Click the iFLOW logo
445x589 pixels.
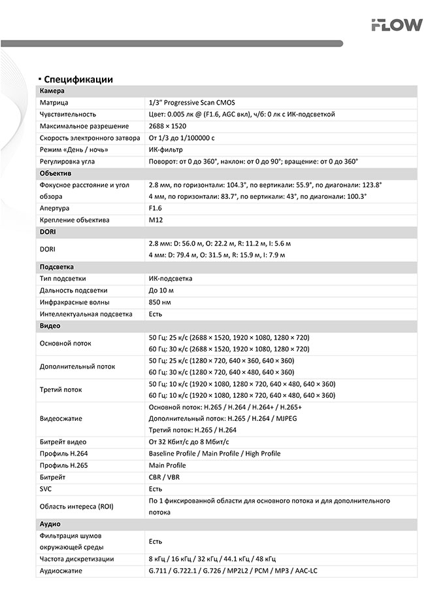coord(397,25)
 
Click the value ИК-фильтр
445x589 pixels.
coord(165,150)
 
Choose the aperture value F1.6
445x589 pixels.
coord(156,208)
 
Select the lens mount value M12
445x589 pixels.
coord(156,220)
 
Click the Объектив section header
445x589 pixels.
coord(56,173)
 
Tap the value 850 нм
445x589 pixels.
coord(160,302)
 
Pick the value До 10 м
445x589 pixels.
coord(161,291)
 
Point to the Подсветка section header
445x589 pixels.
coord(57,267)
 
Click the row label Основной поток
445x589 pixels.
coord(65,343)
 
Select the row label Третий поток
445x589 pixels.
coord(61,390)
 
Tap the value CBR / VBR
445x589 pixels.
coord(164,477)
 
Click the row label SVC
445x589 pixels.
coord(46,489)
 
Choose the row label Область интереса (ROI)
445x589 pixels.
coord(76,507)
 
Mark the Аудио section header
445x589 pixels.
coord(50,524)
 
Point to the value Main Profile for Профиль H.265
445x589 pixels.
coord(167,465)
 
